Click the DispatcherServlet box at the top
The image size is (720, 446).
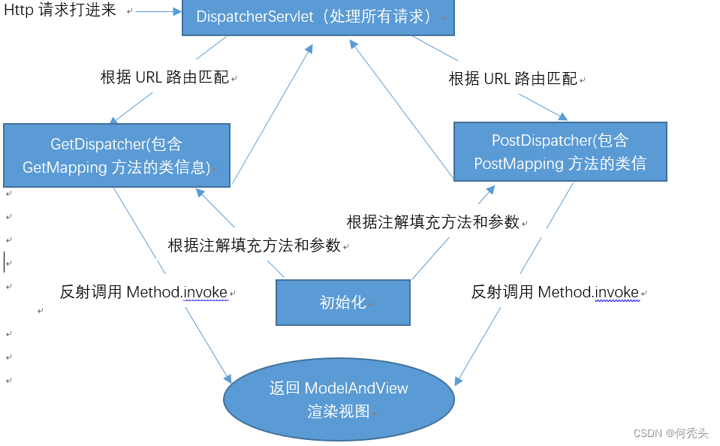[318, 17]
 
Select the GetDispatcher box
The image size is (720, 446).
[116, 155]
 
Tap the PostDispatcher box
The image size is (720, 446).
[559, 152]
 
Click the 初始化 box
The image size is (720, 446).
[343, 303]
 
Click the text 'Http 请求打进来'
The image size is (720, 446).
[60, 11]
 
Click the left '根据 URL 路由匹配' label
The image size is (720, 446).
[164, 77]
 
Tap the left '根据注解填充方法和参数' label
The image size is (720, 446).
[254, 246]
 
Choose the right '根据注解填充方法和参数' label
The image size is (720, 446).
[432, 222]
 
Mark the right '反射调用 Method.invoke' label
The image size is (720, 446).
[555, 292]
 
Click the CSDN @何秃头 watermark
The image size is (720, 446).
[670, 433]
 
